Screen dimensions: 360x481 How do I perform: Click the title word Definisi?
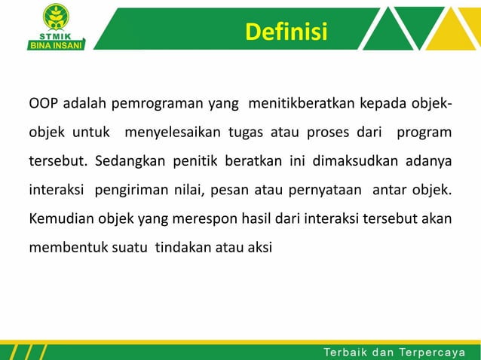[x=286, y=33]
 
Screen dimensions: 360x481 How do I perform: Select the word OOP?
[x=42, y=102]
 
